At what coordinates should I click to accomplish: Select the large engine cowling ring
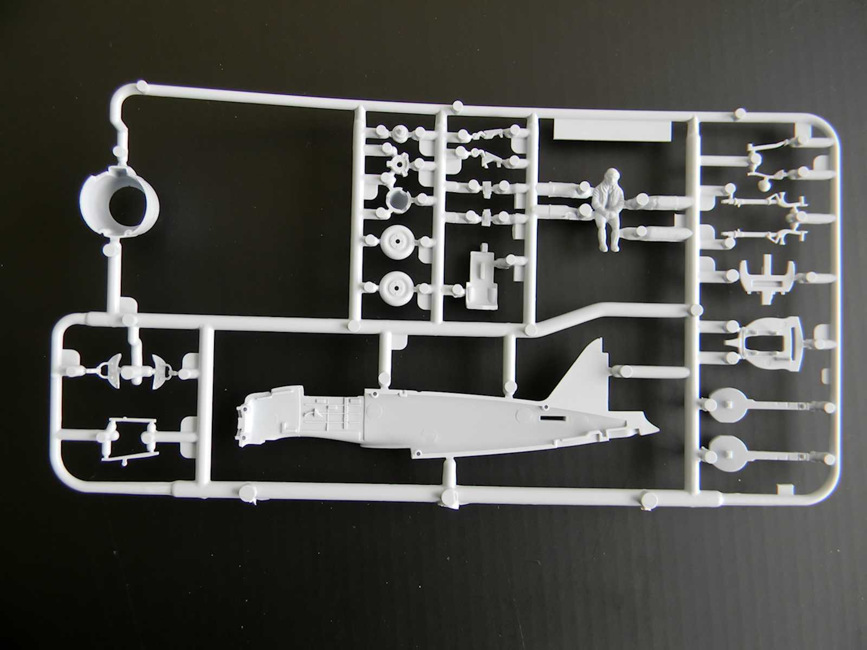tap(120, 203)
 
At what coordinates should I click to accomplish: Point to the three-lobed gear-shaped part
tap(399, 161)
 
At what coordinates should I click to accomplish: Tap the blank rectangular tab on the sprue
tap(612, 131)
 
